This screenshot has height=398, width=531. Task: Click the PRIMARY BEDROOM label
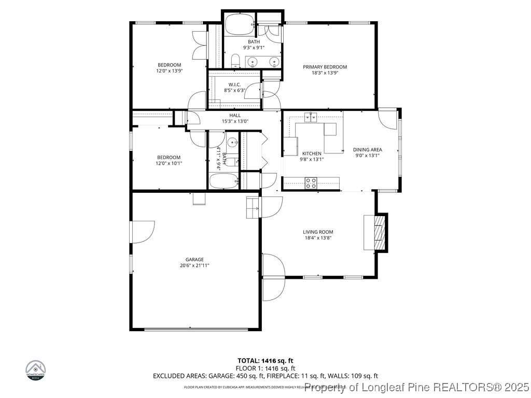click(325, 67)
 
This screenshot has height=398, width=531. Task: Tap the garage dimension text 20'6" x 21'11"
click(195, 265)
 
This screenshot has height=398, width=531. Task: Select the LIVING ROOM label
click(318, 232)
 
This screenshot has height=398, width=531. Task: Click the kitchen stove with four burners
click(311, 182)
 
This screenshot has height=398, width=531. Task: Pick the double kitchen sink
click(311, 117)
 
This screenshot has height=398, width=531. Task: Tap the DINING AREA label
click(367, 150)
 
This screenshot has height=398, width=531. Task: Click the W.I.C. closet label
click(234, 84)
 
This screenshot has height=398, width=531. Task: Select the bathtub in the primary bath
click(237, 24)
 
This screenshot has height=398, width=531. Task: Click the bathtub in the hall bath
click(223, 181)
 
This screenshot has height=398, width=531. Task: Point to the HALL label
click(235, 116)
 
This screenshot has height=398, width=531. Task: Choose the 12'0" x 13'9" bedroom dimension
click(169, 70)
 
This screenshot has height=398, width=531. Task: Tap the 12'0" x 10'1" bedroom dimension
click(169, 163)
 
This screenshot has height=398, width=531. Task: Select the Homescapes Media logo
click(36, 370)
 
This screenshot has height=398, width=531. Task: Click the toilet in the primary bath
click(235, 62)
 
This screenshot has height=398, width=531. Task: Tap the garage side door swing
click(143, 232)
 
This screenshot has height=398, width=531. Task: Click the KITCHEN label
click(312, 153)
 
